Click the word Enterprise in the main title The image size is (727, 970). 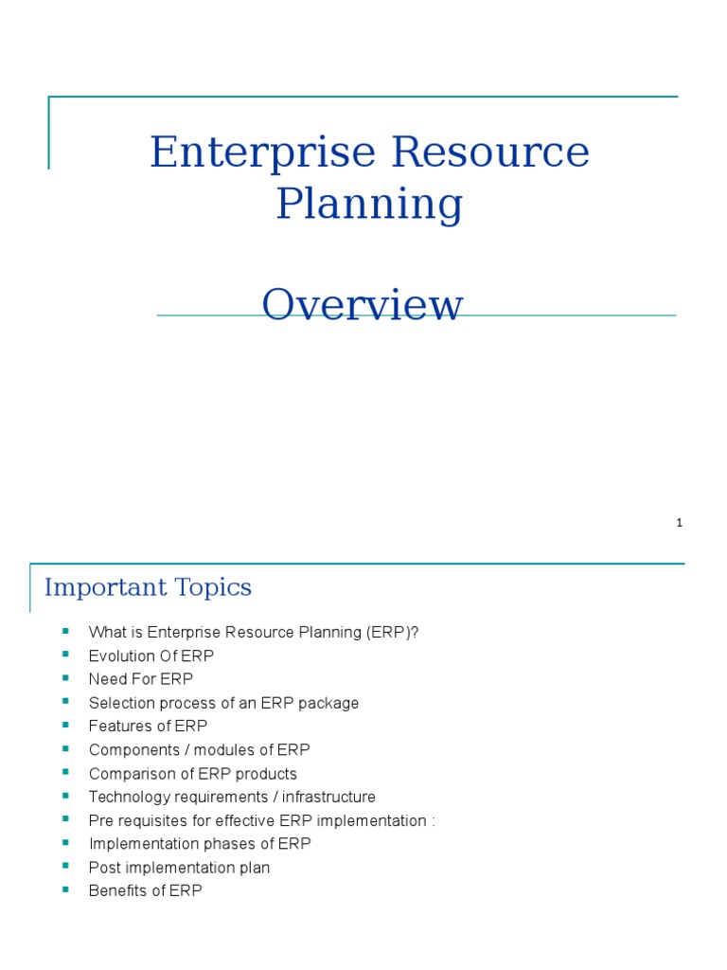pos(263,153)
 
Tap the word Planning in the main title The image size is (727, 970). pos(370,205)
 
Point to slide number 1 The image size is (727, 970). pos(680,523)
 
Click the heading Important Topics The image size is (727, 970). pos(148,587)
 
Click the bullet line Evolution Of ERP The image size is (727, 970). pos(151,656)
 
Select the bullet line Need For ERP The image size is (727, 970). pos(141,679)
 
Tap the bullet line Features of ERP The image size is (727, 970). pos(149,726)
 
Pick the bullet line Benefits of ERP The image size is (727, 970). pos(145,890)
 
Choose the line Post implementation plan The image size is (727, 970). pos(179,868)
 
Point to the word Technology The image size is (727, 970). pos(129,798)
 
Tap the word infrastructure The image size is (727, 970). pos(328,797)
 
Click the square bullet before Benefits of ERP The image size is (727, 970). pos(65,889)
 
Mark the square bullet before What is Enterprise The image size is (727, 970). pos(65,631)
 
